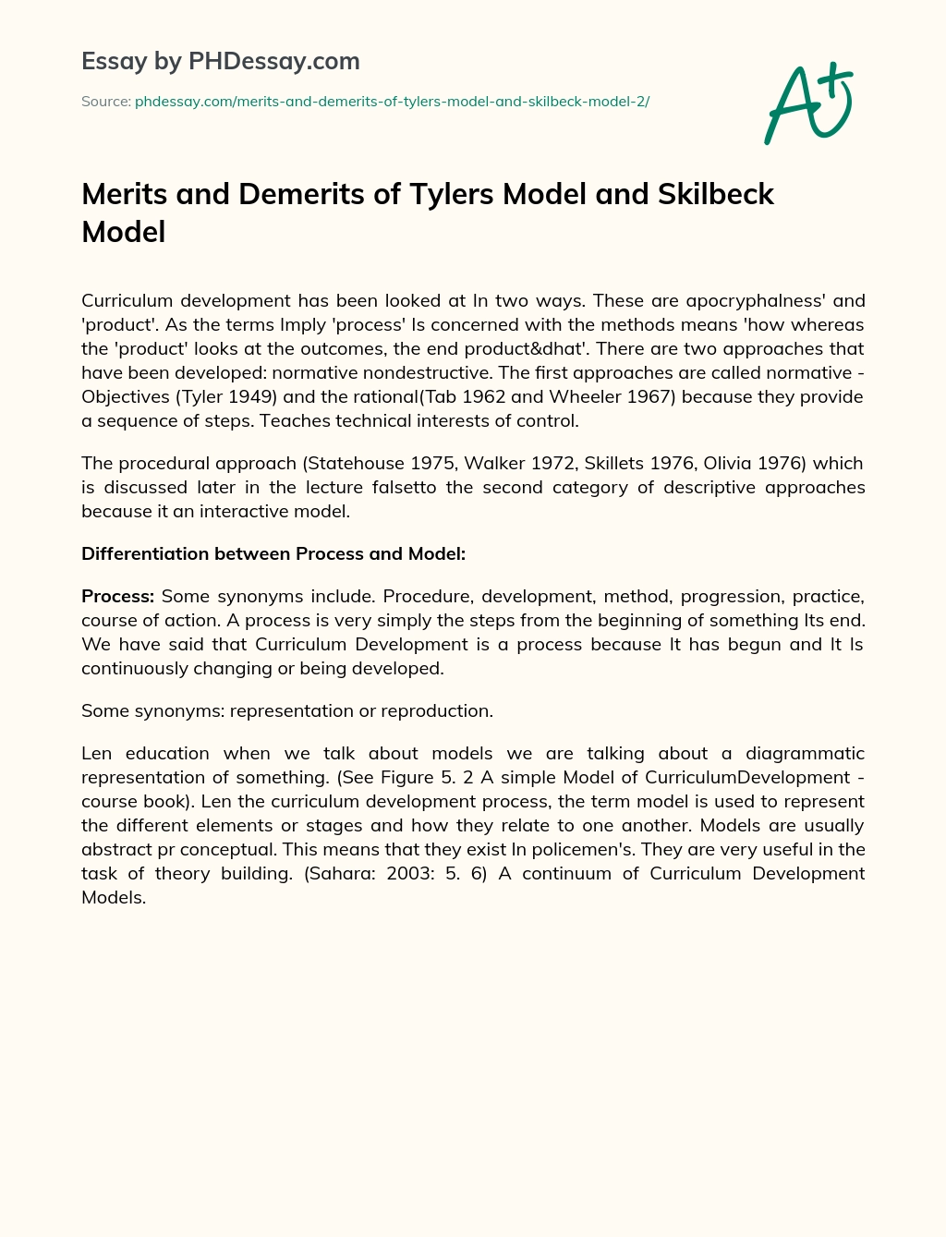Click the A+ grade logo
(x=809, y=103)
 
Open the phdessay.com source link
(x=392, y=102)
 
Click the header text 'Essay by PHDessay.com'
(x=220, y=61)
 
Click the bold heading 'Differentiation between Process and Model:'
(x=273, y=553)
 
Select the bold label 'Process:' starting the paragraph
(x=117, y=596)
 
